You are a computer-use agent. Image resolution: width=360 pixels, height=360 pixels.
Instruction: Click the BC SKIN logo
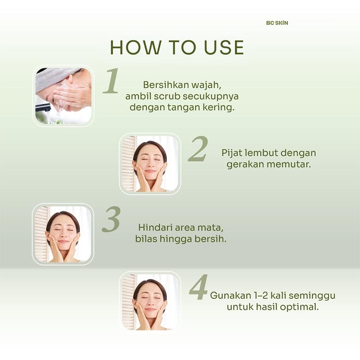[x=277, y=23]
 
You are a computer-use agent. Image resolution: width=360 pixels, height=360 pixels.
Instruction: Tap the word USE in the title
[x=224, y=48]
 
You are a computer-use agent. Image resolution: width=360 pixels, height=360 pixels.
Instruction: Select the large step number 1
[x=111, y=81]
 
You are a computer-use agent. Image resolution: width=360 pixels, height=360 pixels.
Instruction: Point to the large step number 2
[x=198, y=148]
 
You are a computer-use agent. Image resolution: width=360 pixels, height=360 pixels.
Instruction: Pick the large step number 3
[x=111, y=219]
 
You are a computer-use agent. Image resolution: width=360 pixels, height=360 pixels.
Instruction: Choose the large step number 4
[x=198, y=287]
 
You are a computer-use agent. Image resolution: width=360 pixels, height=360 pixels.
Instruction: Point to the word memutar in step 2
[x=289, y=164]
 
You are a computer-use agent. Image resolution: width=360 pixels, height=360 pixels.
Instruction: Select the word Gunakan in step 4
[x=228, y=296]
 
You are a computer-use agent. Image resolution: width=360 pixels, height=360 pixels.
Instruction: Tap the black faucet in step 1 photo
[x=43, y=107]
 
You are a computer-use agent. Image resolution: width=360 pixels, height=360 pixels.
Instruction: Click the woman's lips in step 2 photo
[x=150, y=171]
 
